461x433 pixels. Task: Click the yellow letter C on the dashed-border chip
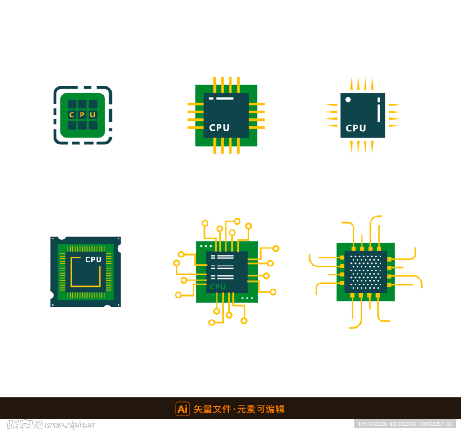tap(72, 115)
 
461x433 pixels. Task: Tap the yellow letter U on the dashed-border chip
tap(93, 115)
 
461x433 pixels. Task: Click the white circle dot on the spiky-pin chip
tap(348, 99)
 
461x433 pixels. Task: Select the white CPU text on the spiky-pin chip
tap(356, 128)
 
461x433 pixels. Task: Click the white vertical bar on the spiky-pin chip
tap(379, 110)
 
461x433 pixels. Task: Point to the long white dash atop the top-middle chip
tap(225, 99)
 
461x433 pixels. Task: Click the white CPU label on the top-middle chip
tap(219, 127)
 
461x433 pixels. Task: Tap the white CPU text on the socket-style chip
tap(93, 260)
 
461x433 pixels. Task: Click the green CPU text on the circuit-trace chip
tap(218, 287)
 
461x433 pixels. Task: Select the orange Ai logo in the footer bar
tap(183, 409)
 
